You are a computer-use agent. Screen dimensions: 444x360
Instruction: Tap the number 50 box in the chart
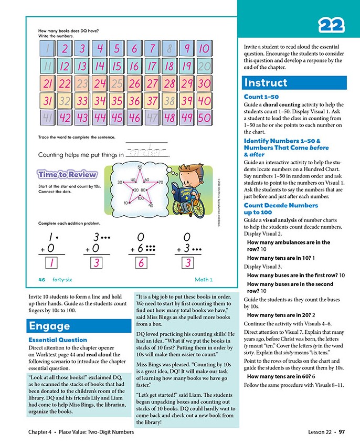coord(204,118)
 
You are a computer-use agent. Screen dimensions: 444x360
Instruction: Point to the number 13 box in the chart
coord(82,67)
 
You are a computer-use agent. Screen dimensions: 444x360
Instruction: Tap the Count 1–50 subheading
coord(261,97)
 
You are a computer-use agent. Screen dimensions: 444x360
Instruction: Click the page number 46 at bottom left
coord(42,279)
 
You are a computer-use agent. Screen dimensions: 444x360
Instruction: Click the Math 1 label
coord(203,279)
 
